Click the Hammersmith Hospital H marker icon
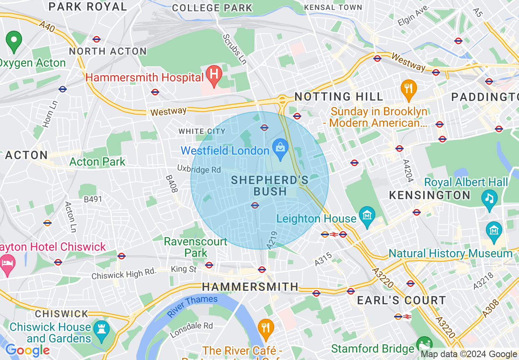[x=213, y=75]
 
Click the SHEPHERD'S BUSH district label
[x=270, y=185]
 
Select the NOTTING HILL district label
[x=339, y=97]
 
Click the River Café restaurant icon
[x=266, y=328]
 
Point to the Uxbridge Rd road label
[x=199, y=169]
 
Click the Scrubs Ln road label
[x=235, y=49]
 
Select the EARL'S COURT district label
[x=401, y=300]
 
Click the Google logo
[x=27, y=350]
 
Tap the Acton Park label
[x=97, y=162]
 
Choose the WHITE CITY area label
[x=202, y=131]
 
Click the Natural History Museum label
[x=450, y=254]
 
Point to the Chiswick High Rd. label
[x=124, y=274]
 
